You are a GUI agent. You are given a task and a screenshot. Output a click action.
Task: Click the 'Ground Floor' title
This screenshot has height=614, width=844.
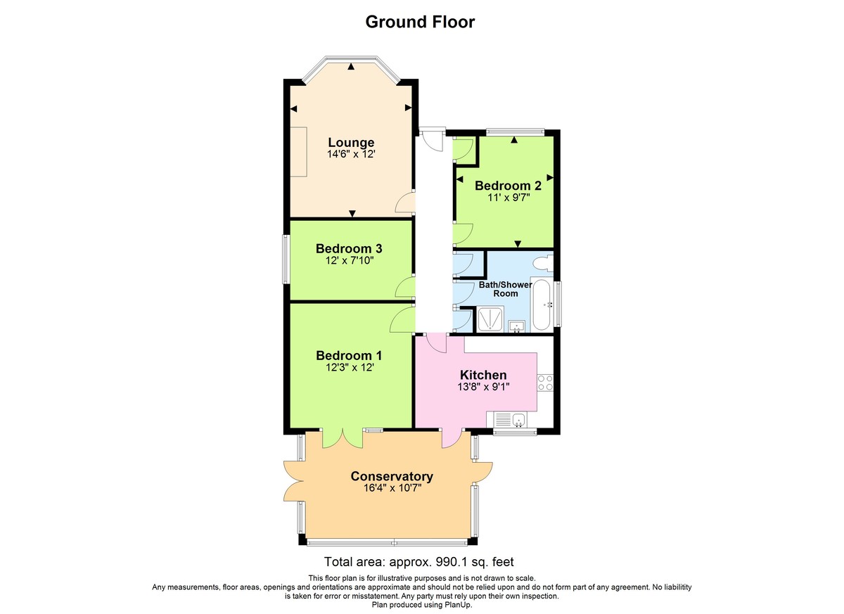(x=420, y=22)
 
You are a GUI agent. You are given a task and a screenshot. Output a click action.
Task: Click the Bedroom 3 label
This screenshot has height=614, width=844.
(x=348, y=248)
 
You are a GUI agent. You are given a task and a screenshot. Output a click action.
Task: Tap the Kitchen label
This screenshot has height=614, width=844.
(x=483, y=375)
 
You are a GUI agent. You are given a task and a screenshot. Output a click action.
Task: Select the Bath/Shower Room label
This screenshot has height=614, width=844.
(x=506, y=289)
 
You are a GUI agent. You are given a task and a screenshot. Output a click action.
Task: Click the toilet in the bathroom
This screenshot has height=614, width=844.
(x=543, y=264)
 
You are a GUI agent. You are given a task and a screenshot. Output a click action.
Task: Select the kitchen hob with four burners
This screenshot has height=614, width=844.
(x=546, y=383)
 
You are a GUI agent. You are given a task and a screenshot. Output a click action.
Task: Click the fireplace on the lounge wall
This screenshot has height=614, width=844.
(x=300, y=151)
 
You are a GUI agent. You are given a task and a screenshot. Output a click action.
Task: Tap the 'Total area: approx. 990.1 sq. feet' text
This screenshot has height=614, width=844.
(x=419, y=562)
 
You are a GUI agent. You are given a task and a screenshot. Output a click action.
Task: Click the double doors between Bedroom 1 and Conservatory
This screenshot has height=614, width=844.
(x=343, y=437)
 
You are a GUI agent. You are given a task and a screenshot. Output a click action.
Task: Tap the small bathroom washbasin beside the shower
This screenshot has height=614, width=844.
(x=518, y=325)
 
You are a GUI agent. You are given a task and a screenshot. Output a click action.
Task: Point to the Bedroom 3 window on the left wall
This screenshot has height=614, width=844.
(x=286, y=260)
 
